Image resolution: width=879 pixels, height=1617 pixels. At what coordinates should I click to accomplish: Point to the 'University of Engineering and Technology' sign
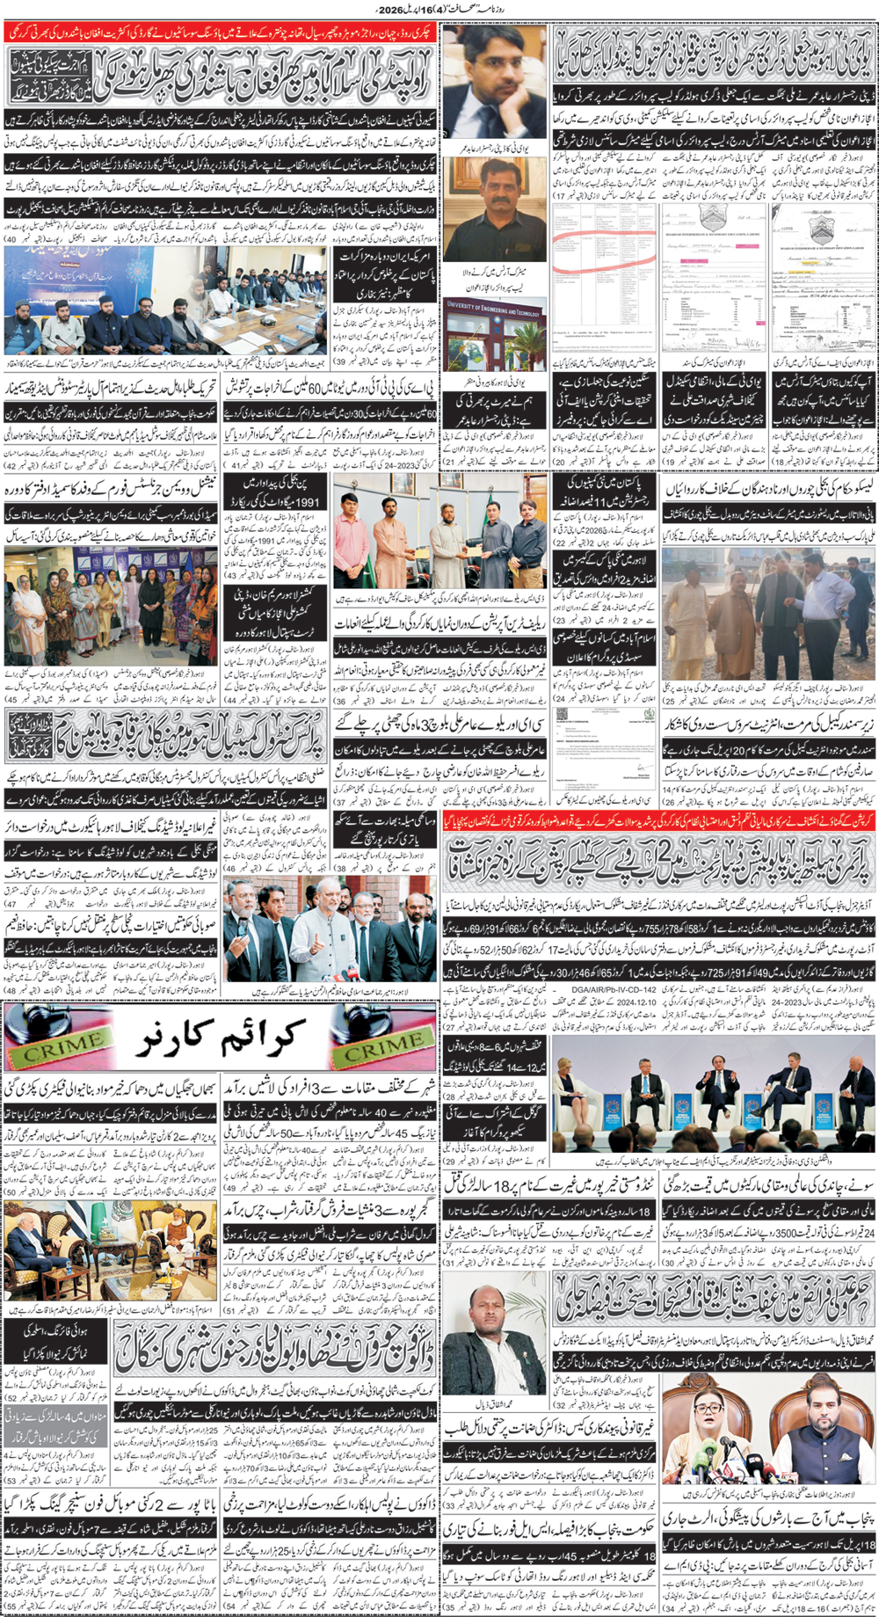493,308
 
